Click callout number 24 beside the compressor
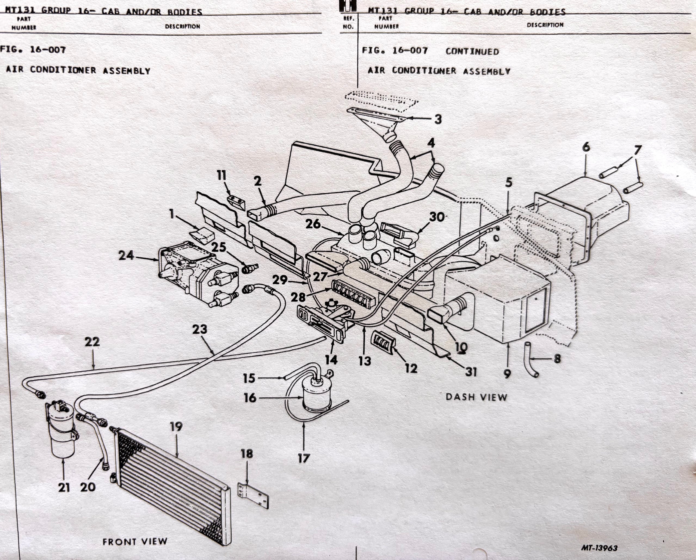pyautogui.click(x=126, y=256)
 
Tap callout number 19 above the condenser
pyautogui.click(x=176, y=427)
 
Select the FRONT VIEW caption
pyautogui.click(x=135, y=541)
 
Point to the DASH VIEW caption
pyautogui.click(x=476, y=397)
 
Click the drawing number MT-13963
pyautogui.click(x=599, y=548)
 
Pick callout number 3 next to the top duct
pyautogui.click(x=438, y=119)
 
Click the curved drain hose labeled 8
pyautogui.click(x=531, y=360)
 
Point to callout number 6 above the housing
pyautogui.click(x=586, y=147)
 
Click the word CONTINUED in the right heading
pyautogui.click(x=472, y=52)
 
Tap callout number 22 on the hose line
pyautogui.click(x=92, y=342)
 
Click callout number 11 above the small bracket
pyautogui.click(x=221, y=176)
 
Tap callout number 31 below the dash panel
pyautogui.click(x=471, y=372)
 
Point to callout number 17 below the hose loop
pyautogui.click(x=304, y=458)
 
